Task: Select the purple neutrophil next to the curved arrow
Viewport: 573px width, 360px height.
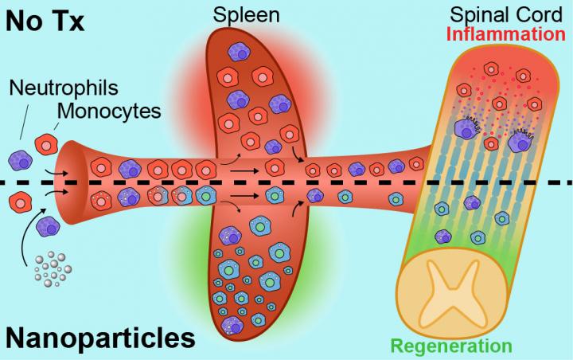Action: [49, 226]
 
